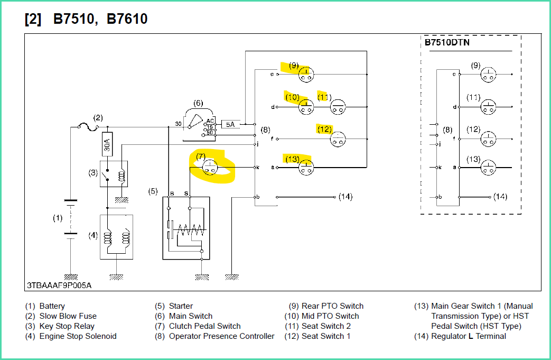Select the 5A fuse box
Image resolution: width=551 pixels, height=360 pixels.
pos(230,124)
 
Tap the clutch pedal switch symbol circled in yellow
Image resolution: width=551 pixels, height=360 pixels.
pos(211,167)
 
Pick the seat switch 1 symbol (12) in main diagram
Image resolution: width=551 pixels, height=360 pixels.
pos(338,139)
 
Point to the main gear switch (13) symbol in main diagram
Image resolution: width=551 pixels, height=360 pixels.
pos(305,167)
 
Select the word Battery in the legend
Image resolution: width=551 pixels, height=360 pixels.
pos(52,306)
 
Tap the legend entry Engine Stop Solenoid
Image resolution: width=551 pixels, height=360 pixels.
pos(78,336)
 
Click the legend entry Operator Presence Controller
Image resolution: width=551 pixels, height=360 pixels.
pos(221,336)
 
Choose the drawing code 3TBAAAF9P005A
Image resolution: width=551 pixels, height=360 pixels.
pos(59,285)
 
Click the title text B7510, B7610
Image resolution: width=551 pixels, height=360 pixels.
pos(100,20)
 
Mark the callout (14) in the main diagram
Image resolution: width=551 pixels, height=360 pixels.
pos(345,197)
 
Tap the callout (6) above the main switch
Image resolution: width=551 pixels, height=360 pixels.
pos(198,103)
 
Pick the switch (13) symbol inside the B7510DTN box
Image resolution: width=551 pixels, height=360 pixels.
pos(489,168)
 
